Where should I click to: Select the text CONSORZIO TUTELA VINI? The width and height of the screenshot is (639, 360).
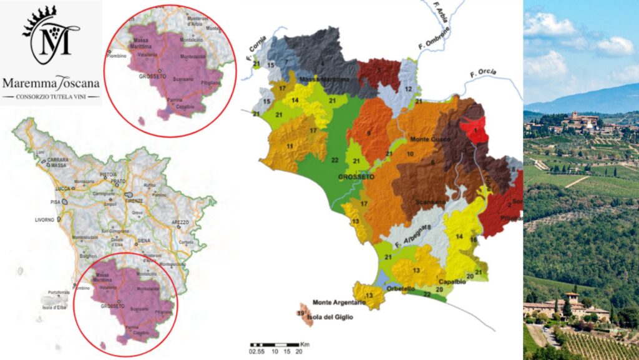[52, 97]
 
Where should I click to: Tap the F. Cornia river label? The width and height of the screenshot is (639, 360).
[253, 49]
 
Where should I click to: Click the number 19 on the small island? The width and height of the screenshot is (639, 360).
[301, 313]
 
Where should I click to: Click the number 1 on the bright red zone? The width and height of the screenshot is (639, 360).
[476, 129]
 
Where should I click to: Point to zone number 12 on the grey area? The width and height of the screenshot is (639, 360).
[408, 89]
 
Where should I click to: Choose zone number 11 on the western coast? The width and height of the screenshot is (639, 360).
[290, 146]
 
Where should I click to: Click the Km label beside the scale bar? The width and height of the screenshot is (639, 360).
[305, 344]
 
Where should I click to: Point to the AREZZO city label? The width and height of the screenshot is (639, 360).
[180, 222]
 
